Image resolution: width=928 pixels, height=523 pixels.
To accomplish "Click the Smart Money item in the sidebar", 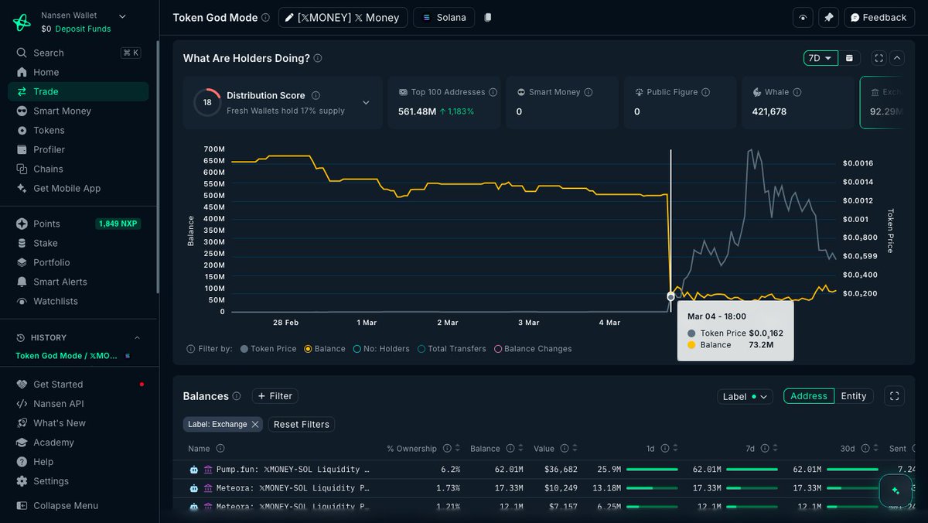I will [x=62, y=111].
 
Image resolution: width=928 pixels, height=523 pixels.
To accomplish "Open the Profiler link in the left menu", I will [x=49, y=149].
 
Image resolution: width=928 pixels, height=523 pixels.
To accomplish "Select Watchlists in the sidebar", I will [x=55, y=301].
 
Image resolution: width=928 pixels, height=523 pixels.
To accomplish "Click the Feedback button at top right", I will [x=878, y=17].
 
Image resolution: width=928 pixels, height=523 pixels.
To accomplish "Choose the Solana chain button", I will [x=445, y=17].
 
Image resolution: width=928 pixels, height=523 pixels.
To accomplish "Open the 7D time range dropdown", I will [x=820, y=58].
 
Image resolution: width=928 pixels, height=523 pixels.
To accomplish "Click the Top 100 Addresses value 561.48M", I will [x=416, y=111].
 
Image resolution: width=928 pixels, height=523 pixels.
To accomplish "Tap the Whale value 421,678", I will [x=769, y=111].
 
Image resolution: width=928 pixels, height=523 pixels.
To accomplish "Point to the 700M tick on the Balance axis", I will [x=214, y=149].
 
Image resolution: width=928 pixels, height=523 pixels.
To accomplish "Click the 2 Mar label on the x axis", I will [x=448, y=323].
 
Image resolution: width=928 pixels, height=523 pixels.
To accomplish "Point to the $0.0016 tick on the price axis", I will [x=858, y=163].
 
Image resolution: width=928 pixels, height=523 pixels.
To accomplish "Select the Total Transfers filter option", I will [x=456, y=349].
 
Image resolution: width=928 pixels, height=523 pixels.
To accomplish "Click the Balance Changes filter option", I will [x=537, y=349].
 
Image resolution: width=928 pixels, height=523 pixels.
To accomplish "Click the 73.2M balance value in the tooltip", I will [x=761, y=345].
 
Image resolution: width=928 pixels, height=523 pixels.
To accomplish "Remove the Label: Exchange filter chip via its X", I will [x=255, y=424].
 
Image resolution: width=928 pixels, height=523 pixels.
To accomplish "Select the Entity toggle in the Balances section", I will [x=853, y=396].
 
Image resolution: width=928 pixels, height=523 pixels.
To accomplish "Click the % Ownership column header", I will [x=411, y=449].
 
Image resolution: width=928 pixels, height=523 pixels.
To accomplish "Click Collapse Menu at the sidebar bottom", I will [x=65, y=506].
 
